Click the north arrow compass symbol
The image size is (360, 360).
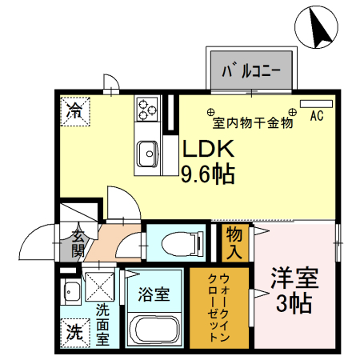click(x=317, y=27)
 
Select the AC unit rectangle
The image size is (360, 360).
click(x=317, y=104)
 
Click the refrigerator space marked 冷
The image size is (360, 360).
click(x=75, y=111)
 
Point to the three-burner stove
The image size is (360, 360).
click(x=146, y=109)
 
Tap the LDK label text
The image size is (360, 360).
click(x=208, y=149)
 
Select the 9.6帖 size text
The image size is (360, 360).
click(x=208, y=174)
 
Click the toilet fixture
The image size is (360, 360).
click(x=183, y=242)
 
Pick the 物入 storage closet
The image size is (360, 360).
click(x=235, y=243)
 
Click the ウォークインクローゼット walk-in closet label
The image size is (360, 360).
click(x=218, y=307)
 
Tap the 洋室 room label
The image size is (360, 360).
click(x=294, y=278)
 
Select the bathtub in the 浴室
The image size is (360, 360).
click(x=154, y=330)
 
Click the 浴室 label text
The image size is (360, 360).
click(x=154, y=294)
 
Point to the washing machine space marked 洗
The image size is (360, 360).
click(x=74, y=333)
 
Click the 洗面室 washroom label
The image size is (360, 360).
click(x=102, y=325)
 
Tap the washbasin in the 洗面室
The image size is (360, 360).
click(x=70, y=291)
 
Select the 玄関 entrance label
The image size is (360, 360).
click(x=78, y=243)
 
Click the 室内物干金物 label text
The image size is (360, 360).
click(x=253, y=123)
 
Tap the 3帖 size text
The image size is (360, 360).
click(x=294, y=304)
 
